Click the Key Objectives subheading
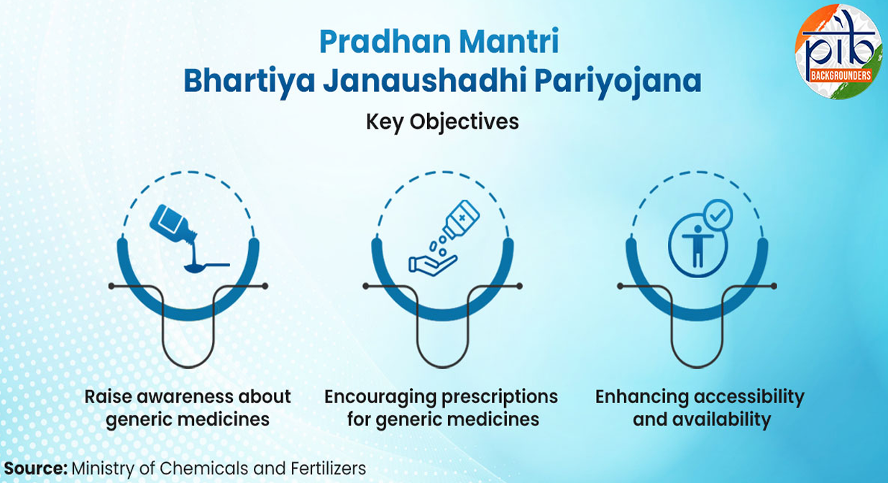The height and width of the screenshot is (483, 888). [442, 121]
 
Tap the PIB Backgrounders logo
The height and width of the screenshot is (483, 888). [839, 52]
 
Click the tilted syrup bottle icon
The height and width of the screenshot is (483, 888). [173, 223]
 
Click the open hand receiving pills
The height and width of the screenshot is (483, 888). [433, 265]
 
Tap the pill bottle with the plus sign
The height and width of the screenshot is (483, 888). [462, 218]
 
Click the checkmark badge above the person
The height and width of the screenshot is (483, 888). [718, 215]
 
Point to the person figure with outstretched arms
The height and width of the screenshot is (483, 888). [697, 252]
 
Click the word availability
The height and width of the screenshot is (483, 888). [723, 420]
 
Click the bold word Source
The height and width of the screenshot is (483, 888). [36, 469]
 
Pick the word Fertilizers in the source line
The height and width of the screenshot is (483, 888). [329, 469]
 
